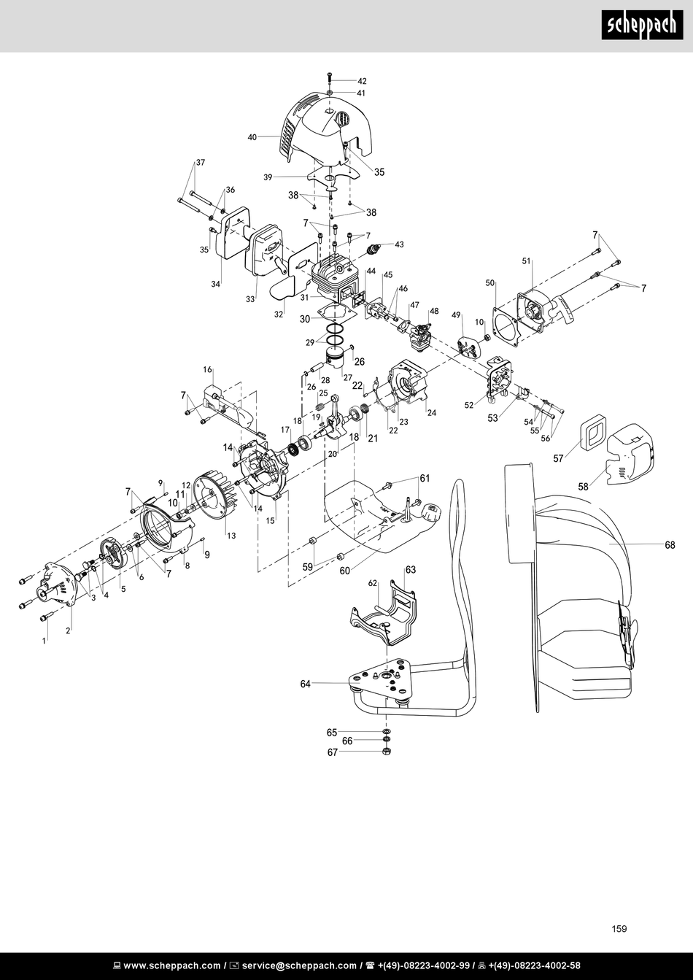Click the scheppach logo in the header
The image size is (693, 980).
[x=642, y=25]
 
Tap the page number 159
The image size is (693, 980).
[x=619, y=929]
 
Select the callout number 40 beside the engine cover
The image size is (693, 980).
[x=252, y=137]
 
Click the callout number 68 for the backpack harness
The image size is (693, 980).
[x=670, y=545]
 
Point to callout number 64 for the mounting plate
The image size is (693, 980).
[x=305, y=684]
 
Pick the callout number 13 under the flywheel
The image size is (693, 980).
[x=231, y=536]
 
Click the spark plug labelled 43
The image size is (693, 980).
[x=373, y=250]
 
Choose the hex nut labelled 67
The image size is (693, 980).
[x=386, y=751]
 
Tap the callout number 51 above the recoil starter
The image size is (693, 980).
[x=526, y=261]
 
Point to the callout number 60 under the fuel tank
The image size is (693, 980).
[x=345, y=571]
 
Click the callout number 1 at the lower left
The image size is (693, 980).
[x=44, y=641]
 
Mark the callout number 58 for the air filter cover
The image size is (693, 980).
[x=584, y=487]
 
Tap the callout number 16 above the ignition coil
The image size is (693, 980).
[x=207, y=370]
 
